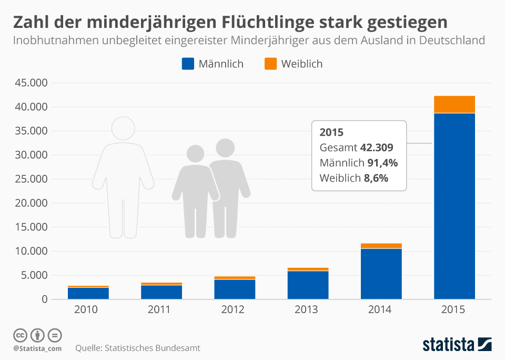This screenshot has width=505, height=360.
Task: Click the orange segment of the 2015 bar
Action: [x=454, y=104]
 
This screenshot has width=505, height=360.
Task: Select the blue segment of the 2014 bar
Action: [x=381, y=274]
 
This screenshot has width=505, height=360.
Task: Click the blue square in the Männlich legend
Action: [x=188, y=64]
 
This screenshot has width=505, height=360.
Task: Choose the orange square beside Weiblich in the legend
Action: [x=270, y=64]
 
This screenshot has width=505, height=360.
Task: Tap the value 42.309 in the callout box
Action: [x=376, y=147]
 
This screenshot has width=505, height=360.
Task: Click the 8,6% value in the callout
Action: [x=376, y=178]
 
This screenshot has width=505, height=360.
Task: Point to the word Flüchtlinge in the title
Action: [x=279, y=22]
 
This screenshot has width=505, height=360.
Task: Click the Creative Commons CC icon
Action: [x=21, y=335]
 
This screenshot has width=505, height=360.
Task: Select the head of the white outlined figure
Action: [x=123, y=128]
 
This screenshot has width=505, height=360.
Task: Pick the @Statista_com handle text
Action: [x=37, y=348]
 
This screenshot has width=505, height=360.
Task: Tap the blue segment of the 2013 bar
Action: [x=308, y=285]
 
